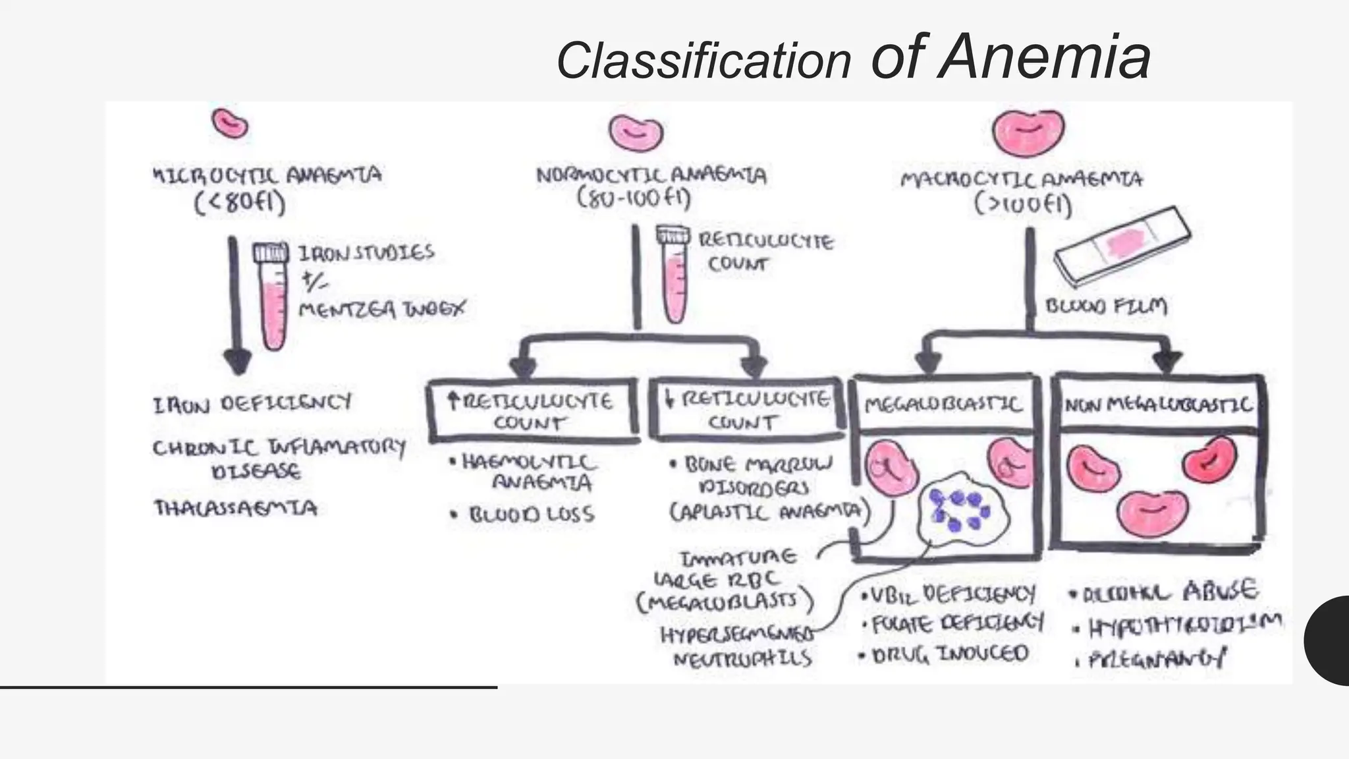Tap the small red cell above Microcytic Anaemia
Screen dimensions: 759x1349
pyautogui.click(x=229, y=124)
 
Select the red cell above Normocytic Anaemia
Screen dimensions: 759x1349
pyautogui.click(x=635, y=132)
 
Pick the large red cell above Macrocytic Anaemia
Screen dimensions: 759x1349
pyautogui.click(x=1028, y=132)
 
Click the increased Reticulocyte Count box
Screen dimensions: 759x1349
pyautogui.click(x=532, y=410)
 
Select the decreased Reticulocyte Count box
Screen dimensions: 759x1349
pyautogui.click(x=747, y=409)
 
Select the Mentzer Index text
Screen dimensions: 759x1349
pyautogui.click(x=381, y=308)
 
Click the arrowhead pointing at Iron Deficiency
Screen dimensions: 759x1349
pyautogui.click(x=237, y=362)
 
